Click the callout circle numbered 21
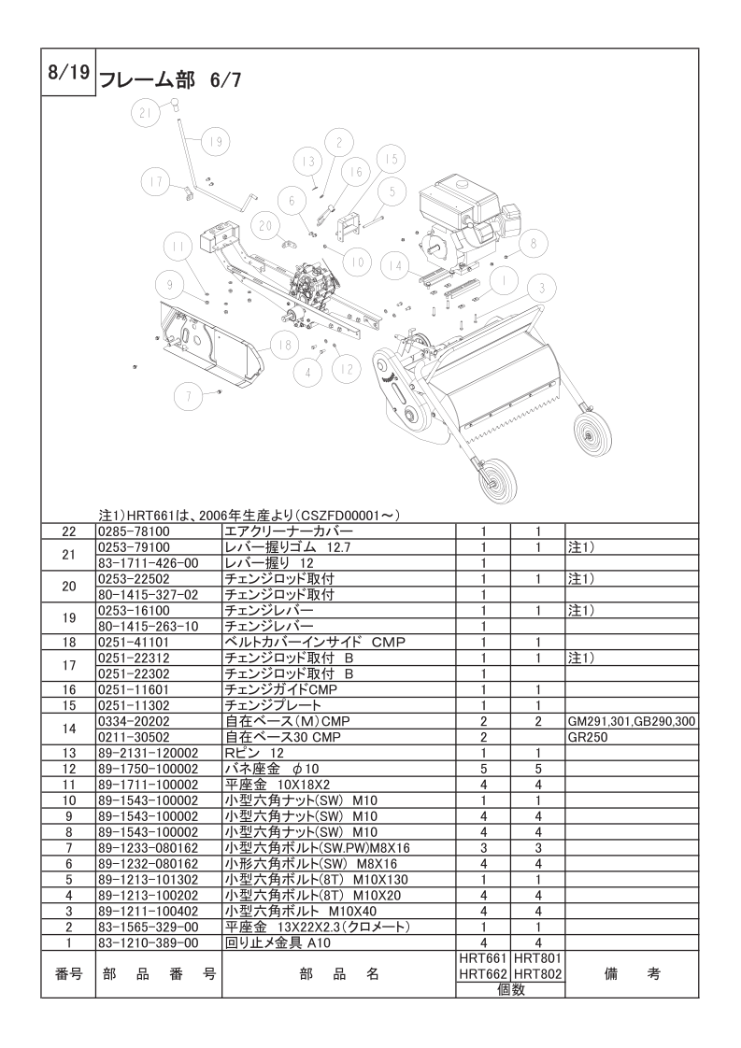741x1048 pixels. click(144, 114)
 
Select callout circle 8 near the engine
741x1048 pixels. click(531, 245)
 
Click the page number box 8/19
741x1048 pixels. click(68, 75)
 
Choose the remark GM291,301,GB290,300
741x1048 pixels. click(631, 722)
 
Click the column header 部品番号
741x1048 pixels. click(158, 973)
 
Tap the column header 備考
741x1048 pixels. click(632, 973)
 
